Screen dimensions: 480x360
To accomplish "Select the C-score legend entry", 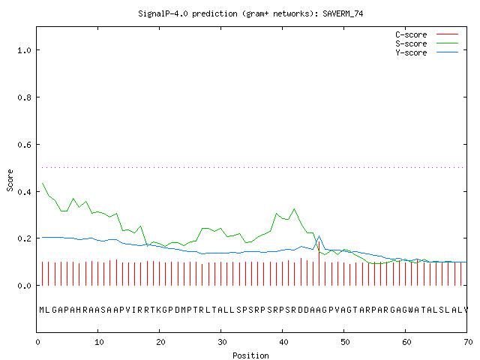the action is (x=427, y=34).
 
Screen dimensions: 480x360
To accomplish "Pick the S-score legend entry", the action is (x=427, y=43).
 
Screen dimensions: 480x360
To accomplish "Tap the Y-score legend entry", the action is (x=427, y=52).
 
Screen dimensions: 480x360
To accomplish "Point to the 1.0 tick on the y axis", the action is (x=24, y=50).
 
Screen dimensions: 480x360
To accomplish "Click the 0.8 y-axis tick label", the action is (x=24, y=97).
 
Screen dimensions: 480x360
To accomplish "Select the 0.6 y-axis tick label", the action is (x=24, y=145).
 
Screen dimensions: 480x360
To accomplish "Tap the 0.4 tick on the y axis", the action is (x=24, y=192).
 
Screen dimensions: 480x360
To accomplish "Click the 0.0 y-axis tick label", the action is (x=24, y=286).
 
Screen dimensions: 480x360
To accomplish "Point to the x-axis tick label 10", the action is (x=99, y=342).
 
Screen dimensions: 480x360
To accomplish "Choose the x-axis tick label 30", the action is (x=222, y=342).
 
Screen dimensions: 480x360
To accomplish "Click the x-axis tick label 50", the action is (x=345, y=342).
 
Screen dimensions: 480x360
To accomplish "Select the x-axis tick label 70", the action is (x=468, y=342).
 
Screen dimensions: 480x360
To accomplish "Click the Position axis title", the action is (x=250, y=355).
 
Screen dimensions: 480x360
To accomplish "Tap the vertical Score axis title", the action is (x=10, y=180).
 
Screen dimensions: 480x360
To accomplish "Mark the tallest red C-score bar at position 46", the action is (x=319, y=263).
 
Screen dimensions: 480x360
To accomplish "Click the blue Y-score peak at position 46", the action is (x=319, y=236).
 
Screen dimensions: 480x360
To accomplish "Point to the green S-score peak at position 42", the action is (x=295, y=209).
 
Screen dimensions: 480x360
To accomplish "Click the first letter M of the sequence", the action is (x=42, y=310).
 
